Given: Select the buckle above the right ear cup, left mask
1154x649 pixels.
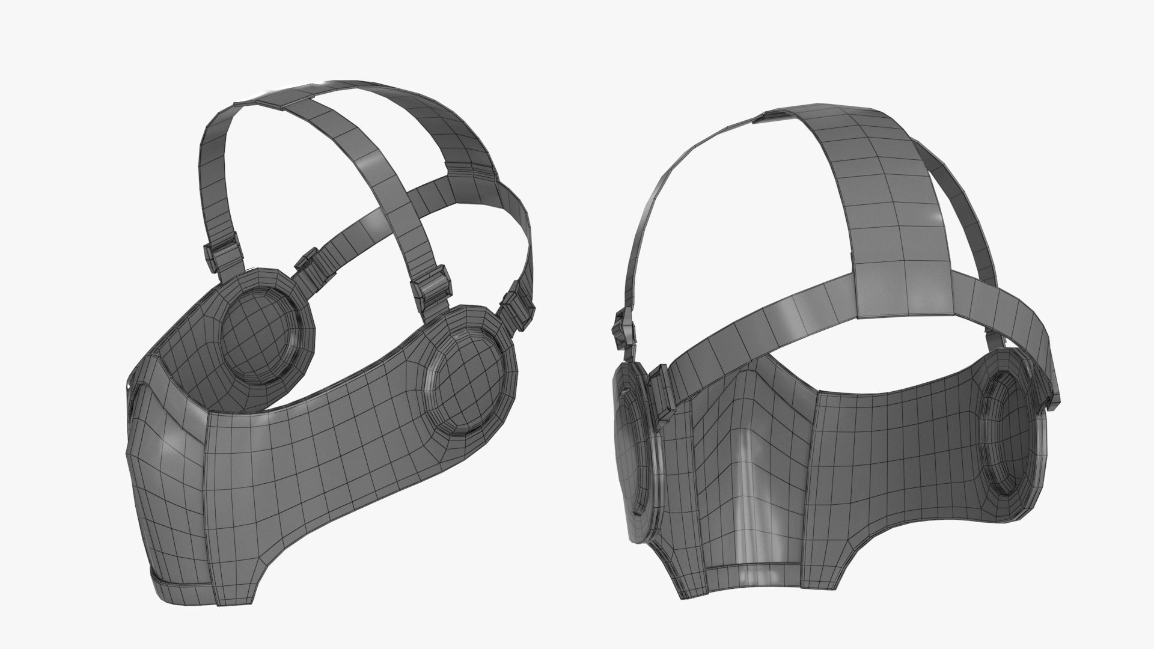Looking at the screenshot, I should tap(430, 291).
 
